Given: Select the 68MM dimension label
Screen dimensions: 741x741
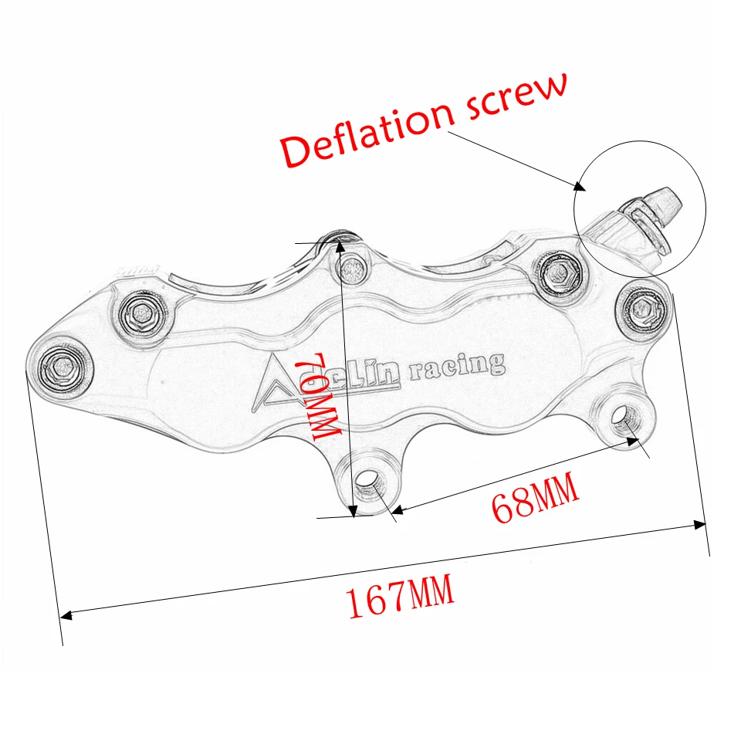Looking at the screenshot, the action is [x=535, y=501].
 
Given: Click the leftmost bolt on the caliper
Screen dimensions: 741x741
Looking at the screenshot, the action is [x=59, y=364].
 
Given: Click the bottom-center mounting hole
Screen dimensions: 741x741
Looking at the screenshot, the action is [x=370, y=485].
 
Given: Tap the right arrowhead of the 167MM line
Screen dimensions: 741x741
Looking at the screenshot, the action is [x=701, y=525].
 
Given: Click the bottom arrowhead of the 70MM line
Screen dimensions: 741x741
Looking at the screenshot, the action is [x=353, y=510].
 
